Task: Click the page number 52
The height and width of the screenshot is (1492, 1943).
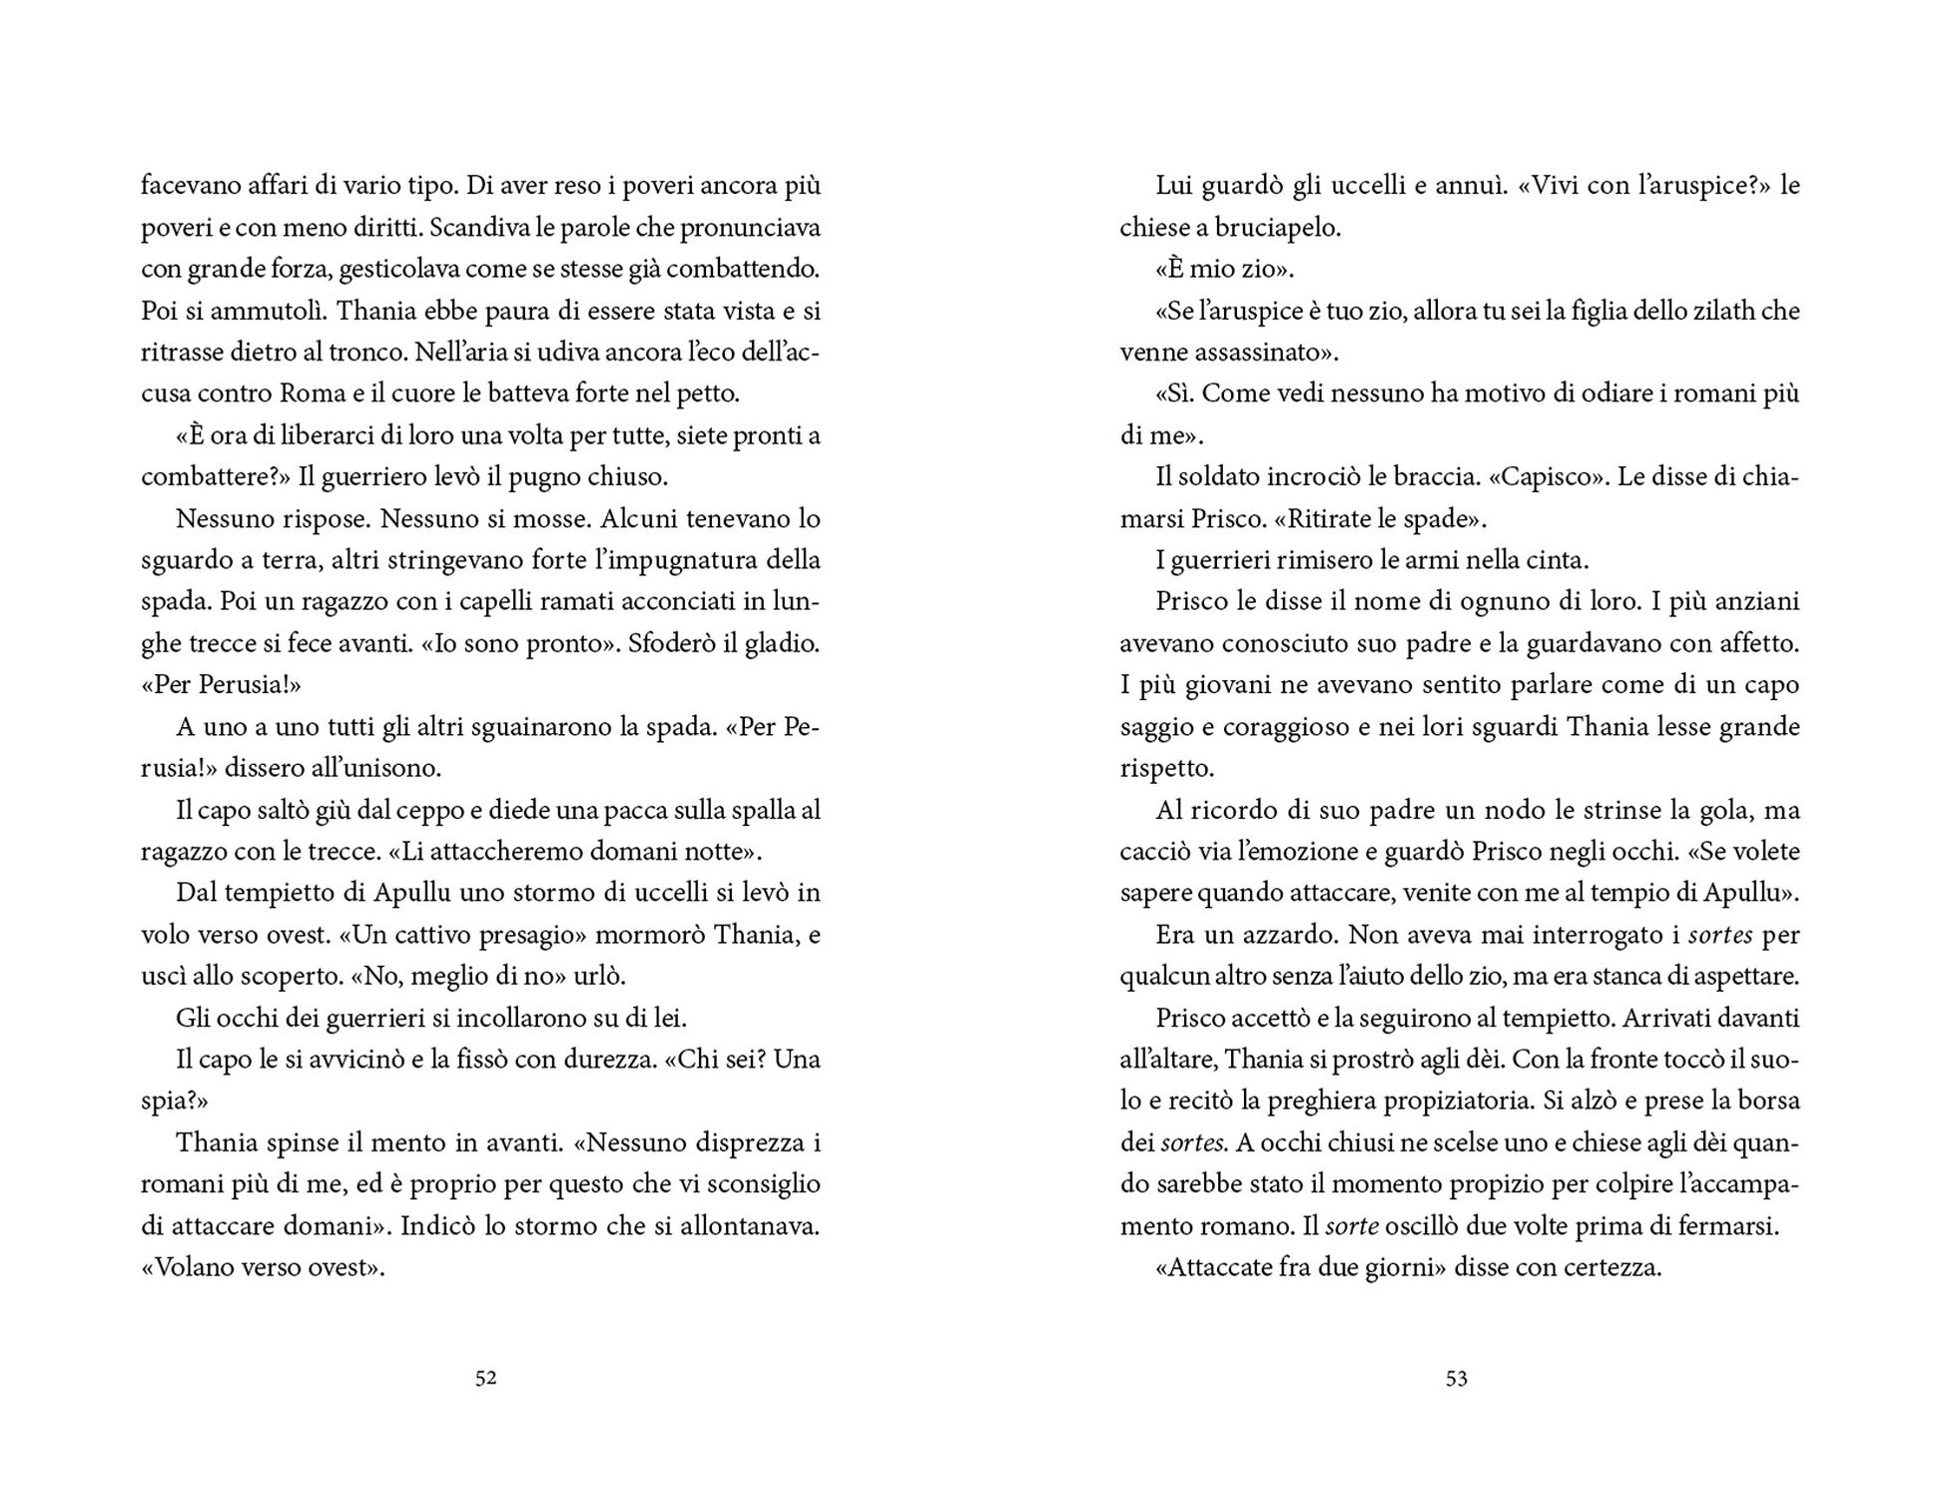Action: tap(485, 1379)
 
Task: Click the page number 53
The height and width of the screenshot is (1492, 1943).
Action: tap(1457, 1379)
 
